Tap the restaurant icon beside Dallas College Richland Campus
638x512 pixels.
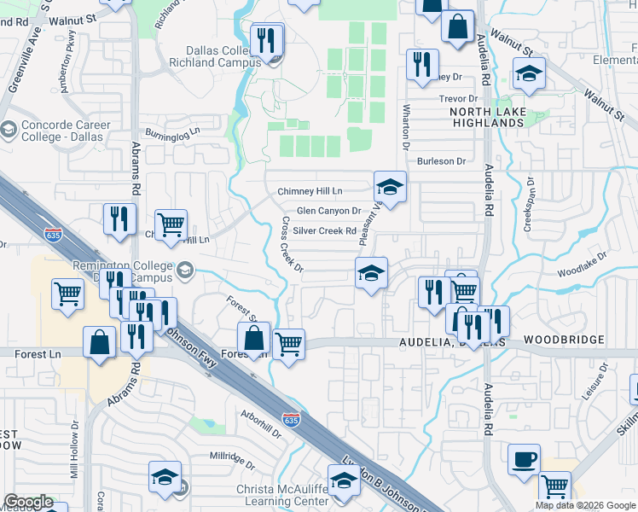pyautogui.click(x=267, y=42)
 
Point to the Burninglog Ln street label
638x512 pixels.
pyautogui.click(x=171, y=133)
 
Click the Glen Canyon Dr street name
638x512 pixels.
pyautogui.click(x=329, y=211)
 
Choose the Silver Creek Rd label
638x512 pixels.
pyautogui.click(x=324, y=231)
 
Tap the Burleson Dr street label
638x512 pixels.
pyautogui.click(x=441, y=160)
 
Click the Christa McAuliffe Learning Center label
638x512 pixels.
pyautogui.click(x=283, y=495)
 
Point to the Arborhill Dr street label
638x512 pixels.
pyautogui.click(x=261, y=426)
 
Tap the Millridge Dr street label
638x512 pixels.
pyautogui.click(x=232, y=460)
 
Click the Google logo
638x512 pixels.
pyautogui.click(x=28, y=502)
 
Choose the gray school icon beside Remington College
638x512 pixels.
pyautogui.click(x=183, y=272)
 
